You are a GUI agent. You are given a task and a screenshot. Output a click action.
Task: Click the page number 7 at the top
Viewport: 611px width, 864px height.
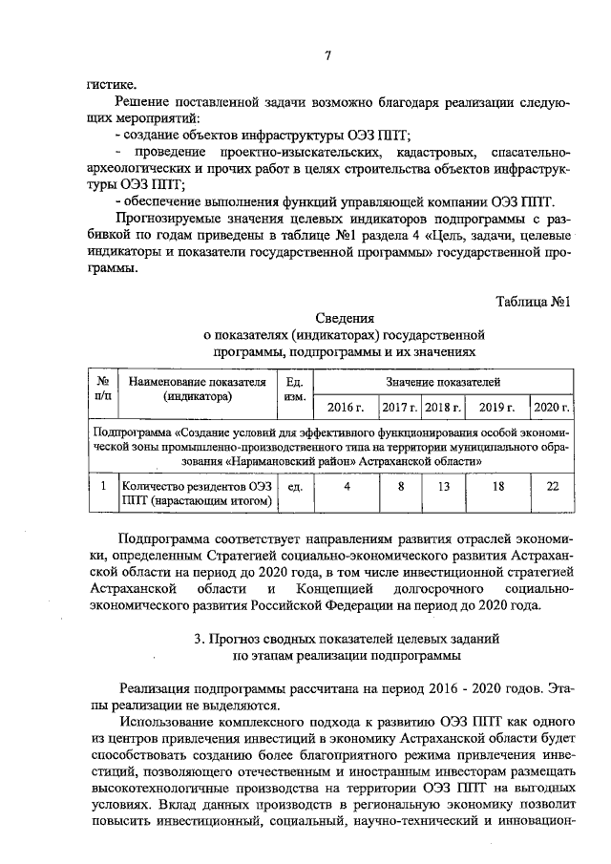pos(327,55)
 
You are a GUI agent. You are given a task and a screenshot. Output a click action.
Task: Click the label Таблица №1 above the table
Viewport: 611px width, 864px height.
pos(533,302)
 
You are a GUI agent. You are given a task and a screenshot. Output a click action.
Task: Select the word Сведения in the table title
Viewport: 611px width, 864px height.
pos(344,318)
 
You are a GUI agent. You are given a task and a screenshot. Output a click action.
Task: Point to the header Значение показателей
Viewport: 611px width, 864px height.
pos(443,381)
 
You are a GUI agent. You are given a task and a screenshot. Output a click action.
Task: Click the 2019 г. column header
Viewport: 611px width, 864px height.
pos(496,407)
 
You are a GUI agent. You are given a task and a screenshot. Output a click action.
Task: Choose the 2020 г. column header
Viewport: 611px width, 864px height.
pos(551,407)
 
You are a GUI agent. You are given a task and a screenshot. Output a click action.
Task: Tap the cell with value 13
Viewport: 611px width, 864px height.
pos(443,486)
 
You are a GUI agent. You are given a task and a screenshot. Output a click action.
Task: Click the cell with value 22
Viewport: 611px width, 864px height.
pos(552,486)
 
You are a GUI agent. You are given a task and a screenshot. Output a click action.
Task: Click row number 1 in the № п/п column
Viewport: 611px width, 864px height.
pos(102,486)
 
